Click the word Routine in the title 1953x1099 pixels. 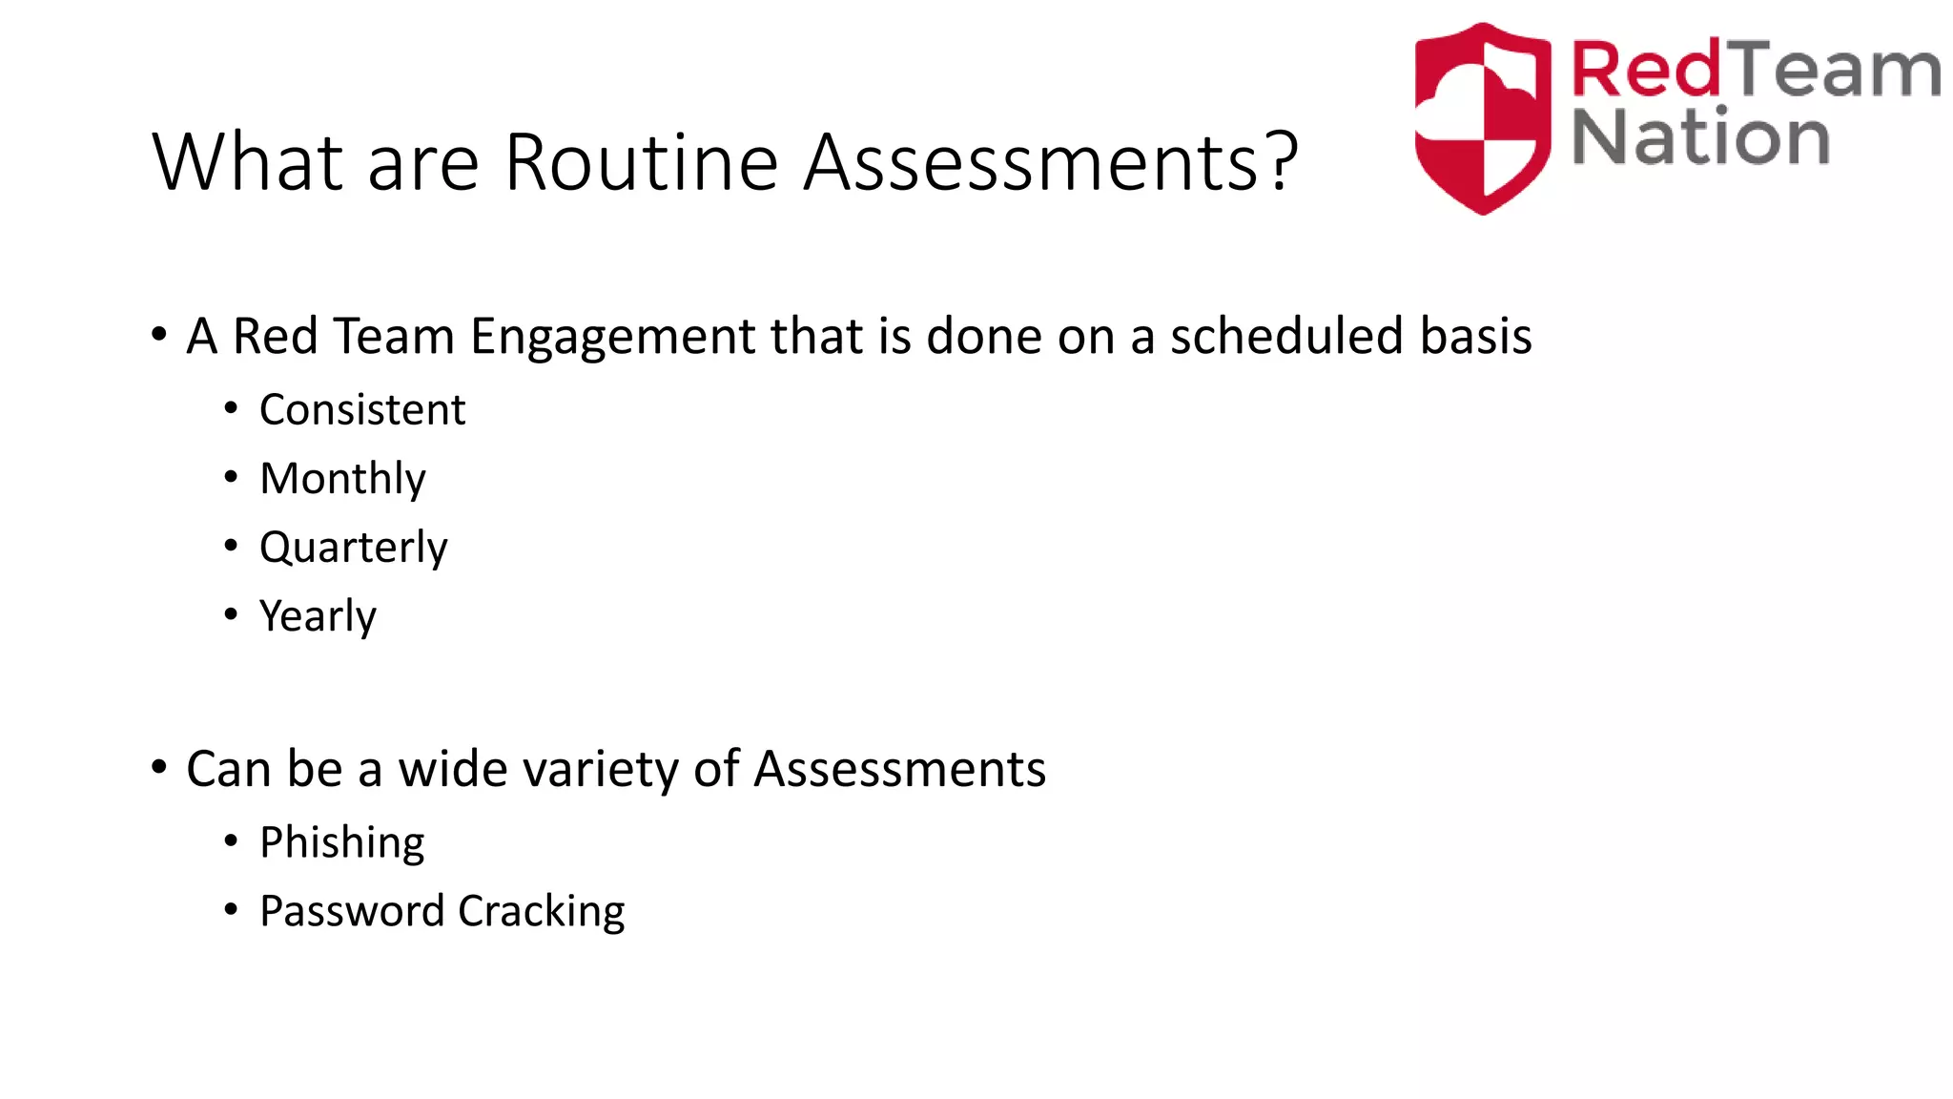(x=642, y=162)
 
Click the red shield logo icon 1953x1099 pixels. (x=1482, y=118)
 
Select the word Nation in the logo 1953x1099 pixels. (x=1699, y=138)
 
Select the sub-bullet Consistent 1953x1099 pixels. (x=362, y=410)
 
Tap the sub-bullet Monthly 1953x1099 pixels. (x=342, y=479)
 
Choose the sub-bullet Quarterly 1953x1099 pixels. (x=353, y=548)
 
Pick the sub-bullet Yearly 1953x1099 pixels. (x=318, y=616)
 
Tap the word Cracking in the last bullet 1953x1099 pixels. (x=541, y=912)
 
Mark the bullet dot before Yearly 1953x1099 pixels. (x=231, y=614)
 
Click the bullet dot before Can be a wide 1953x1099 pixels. (x=159, y=767)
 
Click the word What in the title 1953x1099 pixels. (x=247, y=162)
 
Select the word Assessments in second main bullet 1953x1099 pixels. (x=899, y=769)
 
